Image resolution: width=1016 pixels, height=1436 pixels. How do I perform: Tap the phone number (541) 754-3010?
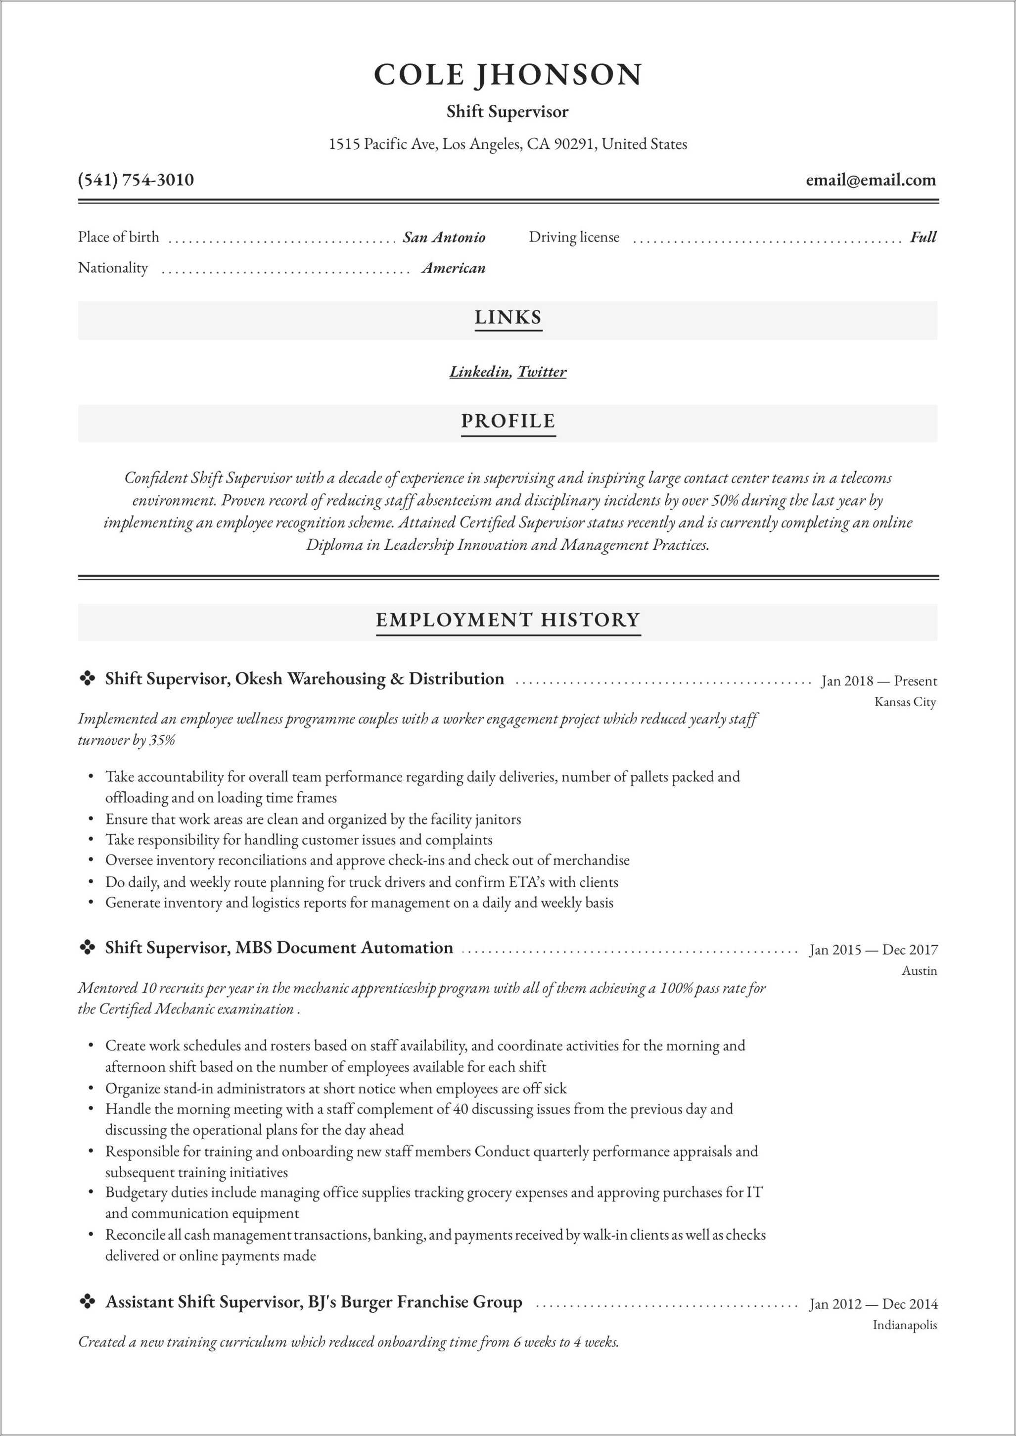click(x=136, y=180)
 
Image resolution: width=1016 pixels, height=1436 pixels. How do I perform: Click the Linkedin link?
click(x=479, y=372)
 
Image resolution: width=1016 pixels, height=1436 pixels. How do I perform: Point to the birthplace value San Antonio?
click(x=444, y=237)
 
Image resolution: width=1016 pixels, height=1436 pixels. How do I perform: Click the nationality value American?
click(x=454, y=268)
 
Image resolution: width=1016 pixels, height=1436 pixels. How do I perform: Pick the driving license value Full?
click(x=923, y=237)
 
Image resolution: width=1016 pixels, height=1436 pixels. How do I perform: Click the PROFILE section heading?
click(x=508, y=421)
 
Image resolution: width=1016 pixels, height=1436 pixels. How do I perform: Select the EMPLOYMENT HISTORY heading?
click(x=508, y=620)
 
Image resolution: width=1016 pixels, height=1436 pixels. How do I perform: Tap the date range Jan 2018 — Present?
click(x=879, y=681)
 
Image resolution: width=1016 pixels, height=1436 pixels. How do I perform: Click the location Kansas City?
click(x=905, y=702)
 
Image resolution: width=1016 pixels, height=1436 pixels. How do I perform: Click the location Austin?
click(x=919, y=971)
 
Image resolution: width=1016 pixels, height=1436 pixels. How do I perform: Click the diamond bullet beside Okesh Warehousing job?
click(x=87, y=679)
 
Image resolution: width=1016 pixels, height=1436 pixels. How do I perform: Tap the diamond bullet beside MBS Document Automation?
click(x=87, y=948)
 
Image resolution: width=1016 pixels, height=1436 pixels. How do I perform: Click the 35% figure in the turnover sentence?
click(x=162, y=741)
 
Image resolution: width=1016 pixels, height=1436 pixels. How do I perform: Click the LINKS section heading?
click(x=508, y=317)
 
